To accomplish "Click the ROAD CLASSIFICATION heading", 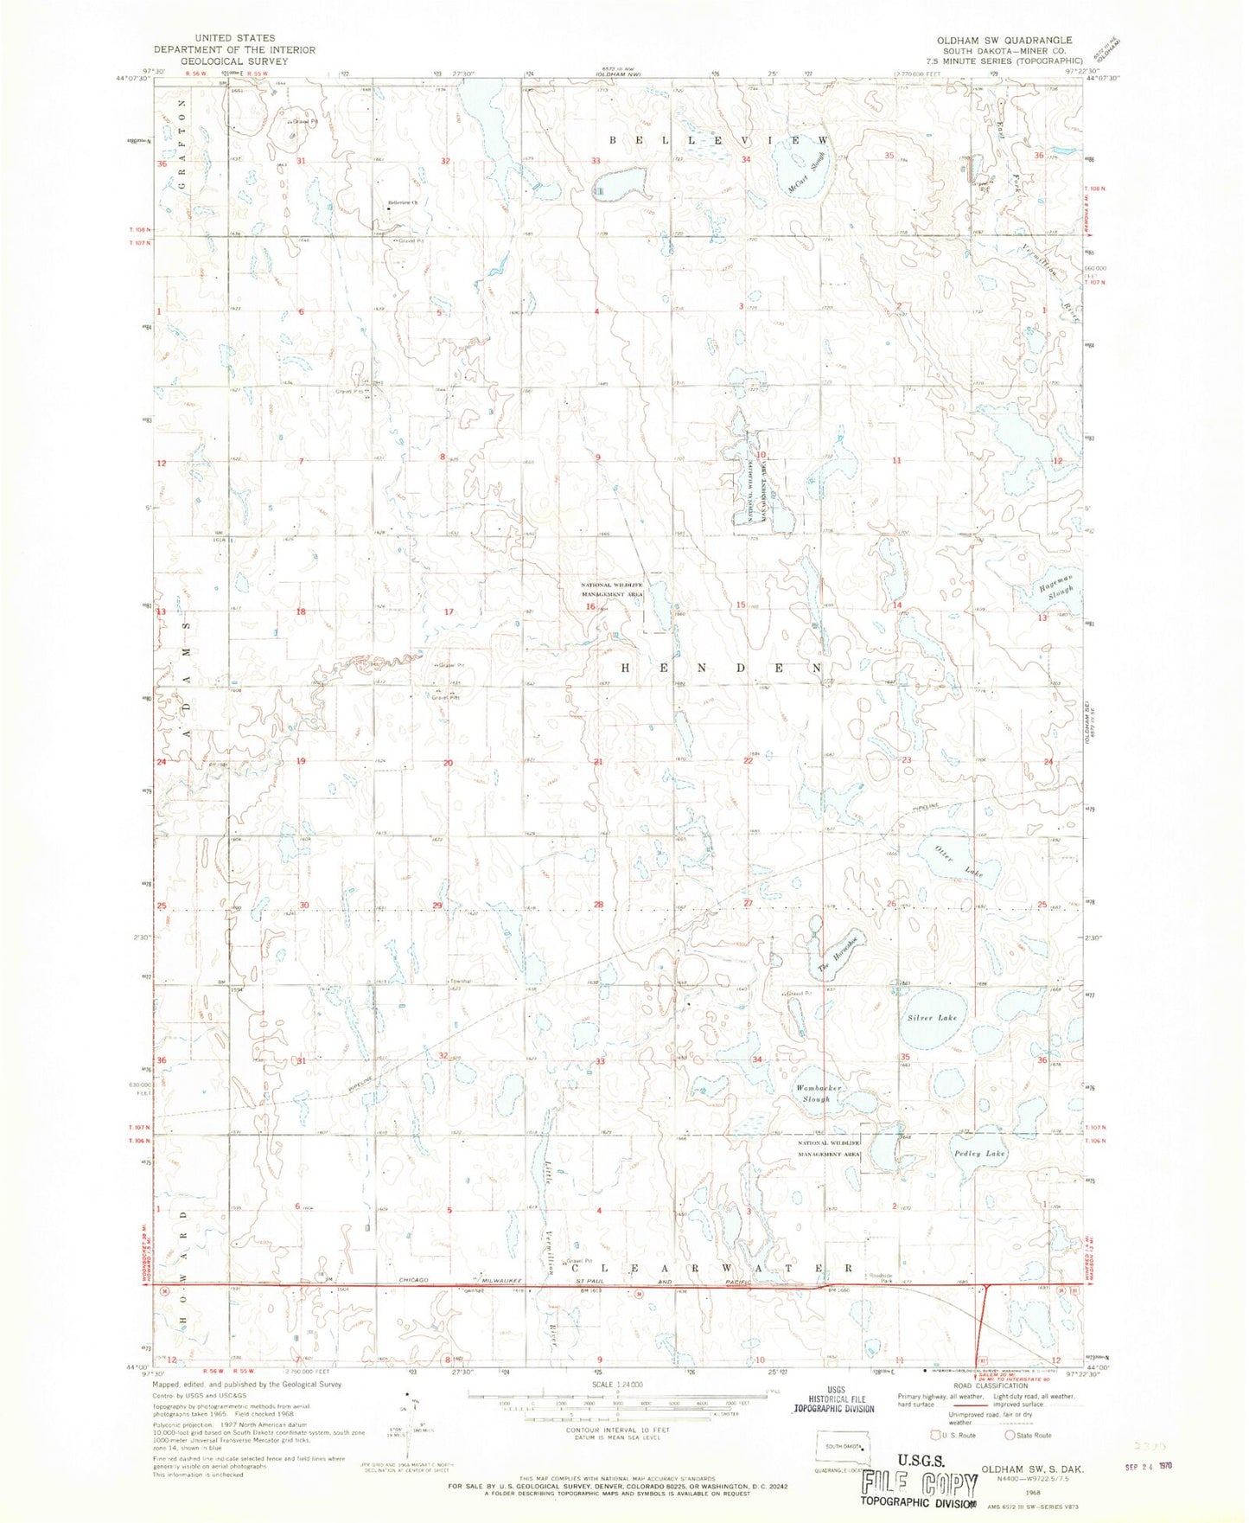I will pos(963,1385).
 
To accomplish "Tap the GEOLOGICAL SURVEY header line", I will pos(234,61).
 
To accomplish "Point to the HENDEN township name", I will pos(721,669).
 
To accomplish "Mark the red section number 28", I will pos(598,905).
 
